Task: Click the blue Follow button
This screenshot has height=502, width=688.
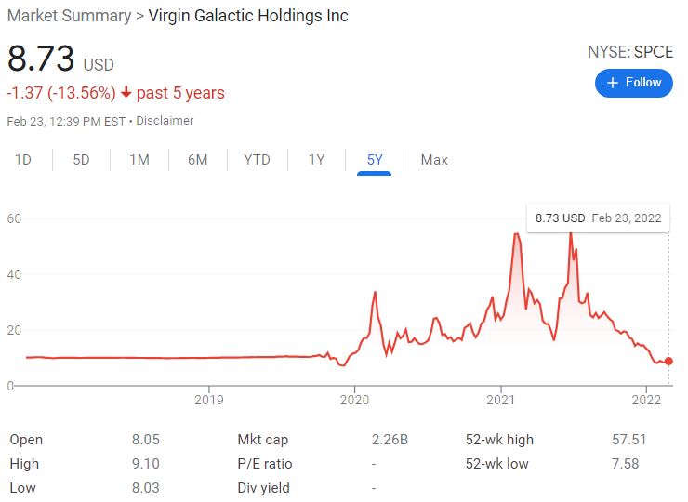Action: click(x=633, y=83)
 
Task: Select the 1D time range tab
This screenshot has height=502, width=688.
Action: click(x=23, y=160)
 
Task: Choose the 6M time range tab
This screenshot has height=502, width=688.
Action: click(x=197, y=160)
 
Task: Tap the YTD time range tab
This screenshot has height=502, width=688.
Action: click(x=257, y=160)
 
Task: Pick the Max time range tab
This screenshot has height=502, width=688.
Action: click(x=434, y=160)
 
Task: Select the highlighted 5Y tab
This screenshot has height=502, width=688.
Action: click(x=375, y=160)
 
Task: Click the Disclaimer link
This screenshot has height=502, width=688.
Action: click(x=165, y=121)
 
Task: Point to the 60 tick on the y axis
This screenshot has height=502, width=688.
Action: click(x=14, y=218)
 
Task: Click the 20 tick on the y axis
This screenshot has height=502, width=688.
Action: click(x=14, y=330)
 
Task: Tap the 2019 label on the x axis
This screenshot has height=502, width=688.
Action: click(x=209, y=400)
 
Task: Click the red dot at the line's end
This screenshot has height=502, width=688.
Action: click(x=669, y=362)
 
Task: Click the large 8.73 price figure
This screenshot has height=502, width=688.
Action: click(x=41, y=59)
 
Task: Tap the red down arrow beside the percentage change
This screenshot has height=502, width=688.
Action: click(x=126, y=93)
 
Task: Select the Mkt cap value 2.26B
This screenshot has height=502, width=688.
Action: click(x=390, y=440)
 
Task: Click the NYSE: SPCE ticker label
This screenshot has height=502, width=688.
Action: click(x=629, y=52)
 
